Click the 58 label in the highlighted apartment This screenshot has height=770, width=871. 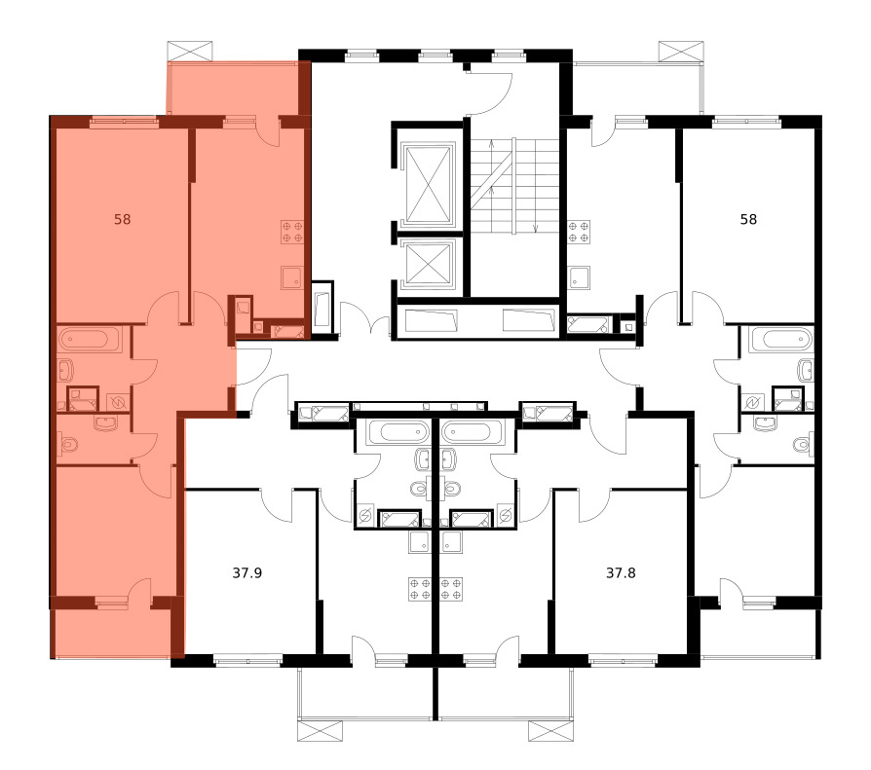[x=122, y=219]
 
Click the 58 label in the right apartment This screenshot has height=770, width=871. [x=748, y=219]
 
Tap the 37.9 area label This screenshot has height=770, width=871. [x=247, y=572]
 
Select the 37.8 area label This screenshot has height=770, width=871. [x=621, y=572]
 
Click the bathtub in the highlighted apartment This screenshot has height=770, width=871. [x=90, y=339]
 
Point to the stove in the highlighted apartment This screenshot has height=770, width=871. [x=292, y=232]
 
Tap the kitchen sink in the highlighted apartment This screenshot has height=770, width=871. [x=291, y=278]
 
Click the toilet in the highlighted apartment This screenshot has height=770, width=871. [x=69, y=445]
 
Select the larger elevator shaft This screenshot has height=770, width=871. [x=428, y=185]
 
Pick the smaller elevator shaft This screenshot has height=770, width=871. [x=428, y=265]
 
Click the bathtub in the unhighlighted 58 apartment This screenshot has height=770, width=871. [x=780, y=339]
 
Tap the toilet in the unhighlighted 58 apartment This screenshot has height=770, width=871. [x=803, y=445]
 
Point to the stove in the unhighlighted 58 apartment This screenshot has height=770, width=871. [x=579, y=232]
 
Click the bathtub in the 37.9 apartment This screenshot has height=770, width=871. [x=398, y=431]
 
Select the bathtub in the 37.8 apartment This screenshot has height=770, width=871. [x=473, y=431]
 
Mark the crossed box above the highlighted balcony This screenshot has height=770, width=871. [x=190, y=51]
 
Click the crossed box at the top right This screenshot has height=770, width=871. [x=681, y=51]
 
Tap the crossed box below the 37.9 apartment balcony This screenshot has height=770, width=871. [x=320, y=731]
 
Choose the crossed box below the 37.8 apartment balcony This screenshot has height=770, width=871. [x=550, y=731]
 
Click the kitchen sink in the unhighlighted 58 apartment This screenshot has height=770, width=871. [x=579, y=278]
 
